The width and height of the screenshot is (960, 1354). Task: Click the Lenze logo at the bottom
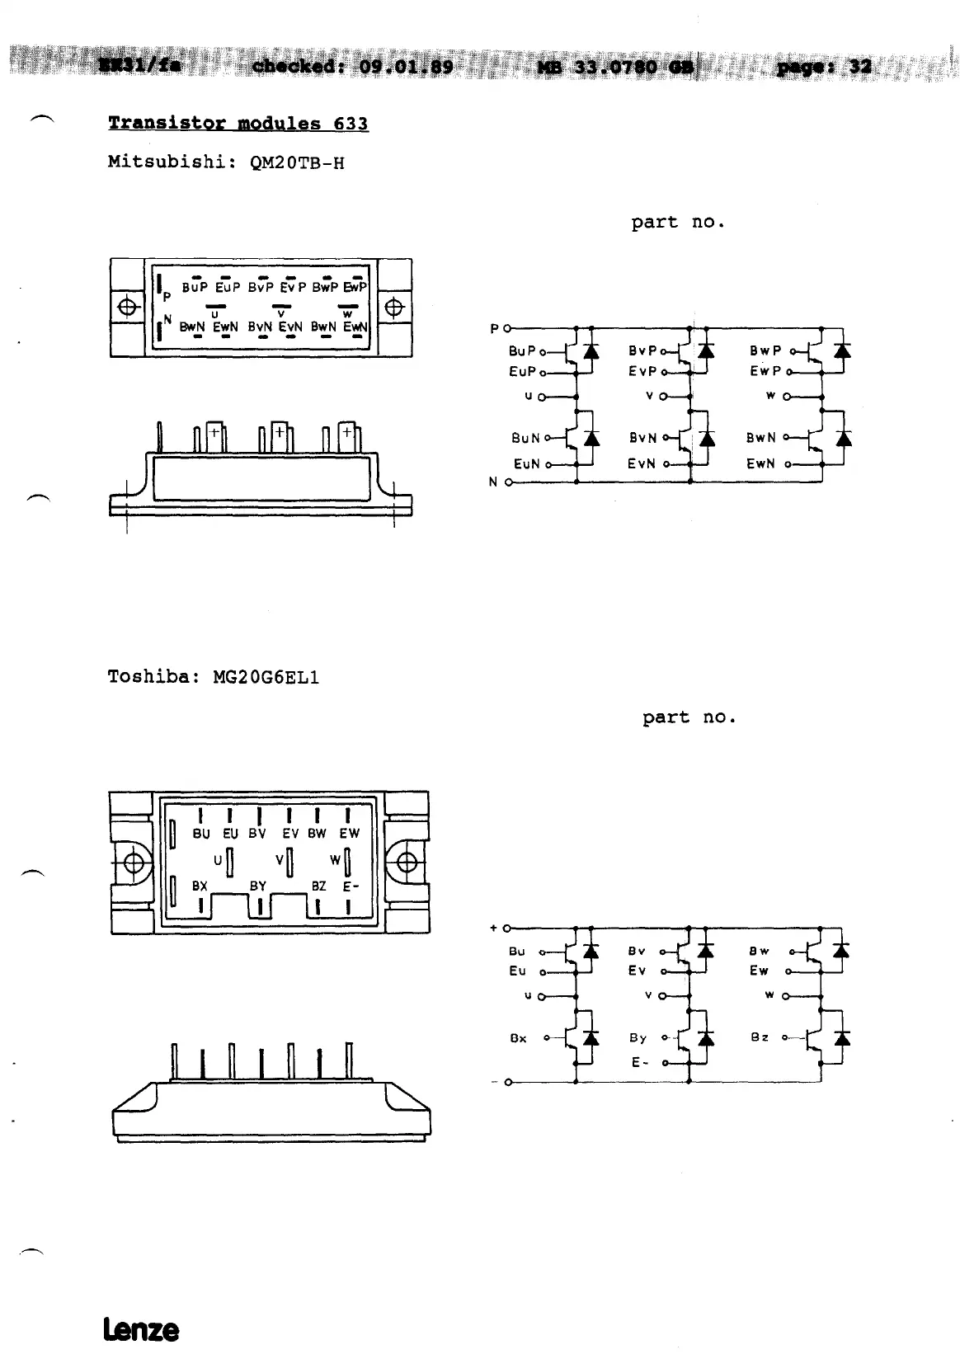(141, 1329)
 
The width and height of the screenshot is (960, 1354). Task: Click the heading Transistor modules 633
(238, 124)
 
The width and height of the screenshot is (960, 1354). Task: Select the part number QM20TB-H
(296, 162)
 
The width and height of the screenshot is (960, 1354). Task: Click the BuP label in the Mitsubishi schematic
(522, 351)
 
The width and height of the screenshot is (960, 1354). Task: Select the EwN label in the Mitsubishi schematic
(760, 463)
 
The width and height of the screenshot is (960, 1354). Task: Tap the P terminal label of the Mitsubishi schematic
(495, 329)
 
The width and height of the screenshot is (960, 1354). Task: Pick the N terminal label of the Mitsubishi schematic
(493, 482)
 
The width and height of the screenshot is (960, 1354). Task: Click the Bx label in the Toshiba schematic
(518, 1038)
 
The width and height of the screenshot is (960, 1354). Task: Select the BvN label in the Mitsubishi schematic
(643, 438)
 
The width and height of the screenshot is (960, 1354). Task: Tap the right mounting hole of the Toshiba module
(407, 863)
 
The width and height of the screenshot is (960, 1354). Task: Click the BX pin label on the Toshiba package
(200, 886)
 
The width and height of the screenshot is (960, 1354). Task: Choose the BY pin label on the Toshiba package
(258, 886)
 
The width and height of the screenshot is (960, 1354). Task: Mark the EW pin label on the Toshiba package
(350, 834)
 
